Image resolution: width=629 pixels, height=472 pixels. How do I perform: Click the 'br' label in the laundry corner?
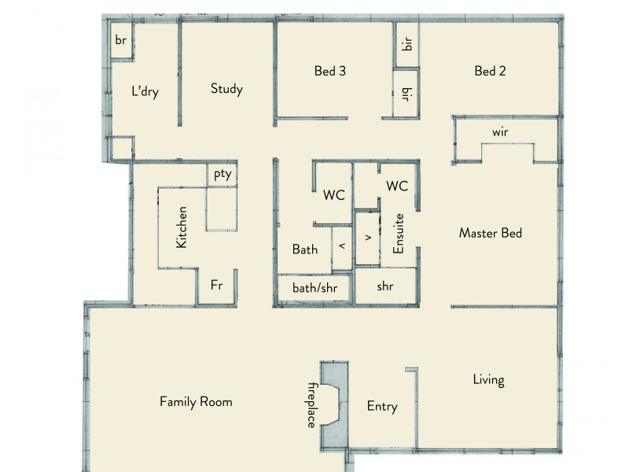click(121, 40)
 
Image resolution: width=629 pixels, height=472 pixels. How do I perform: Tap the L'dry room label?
click(145, 92)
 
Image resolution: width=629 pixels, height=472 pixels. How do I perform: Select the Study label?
click(226, 88)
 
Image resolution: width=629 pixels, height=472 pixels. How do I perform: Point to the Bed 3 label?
click(330, 71)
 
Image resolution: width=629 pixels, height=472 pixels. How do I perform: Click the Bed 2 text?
click(490, 71)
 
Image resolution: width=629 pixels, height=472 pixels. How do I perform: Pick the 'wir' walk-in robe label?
click(500, 132)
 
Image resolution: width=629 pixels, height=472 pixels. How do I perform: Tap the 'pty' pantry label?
click(223, 175)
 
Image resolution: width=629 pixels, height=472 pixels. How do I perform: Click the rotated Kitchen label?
click(182, 228)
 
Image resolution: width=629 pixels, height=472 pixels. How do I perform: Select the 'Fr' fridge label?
click(217, 286)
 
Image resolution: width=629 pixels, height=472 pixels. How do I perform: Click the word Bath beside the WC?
click(305, 249)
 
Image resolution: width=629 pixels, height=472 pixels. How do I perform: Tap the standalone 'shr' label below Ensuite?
click(384, 287)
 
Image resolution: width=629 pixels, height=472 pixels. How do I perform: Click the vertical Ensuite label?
click(399, 234)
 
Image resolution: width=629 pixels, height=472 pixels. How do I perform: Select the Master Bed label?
click(491, 233)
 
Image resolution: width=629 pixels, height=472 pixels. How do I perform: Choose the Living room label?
click(488, 380)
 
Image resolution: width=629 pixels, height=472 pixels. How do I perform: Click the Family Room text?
click(196, 401)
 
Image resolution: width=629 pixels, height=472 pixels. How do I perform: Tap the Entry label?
click(382, 407)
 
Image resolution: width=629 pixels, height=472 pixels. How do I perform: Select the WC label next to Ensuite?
click(397, 186)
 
